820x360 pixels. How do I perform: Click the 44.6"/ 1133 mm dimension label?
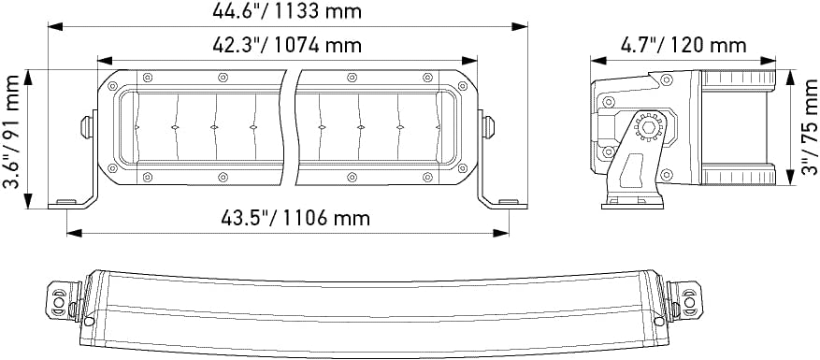pyautogui.click(x=287, y=11)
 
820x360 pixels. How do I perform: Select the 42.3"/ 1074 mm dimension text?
pyautogui.click(x=287, y=45)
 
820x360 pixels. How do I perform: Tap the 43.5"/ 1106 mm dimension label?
pyautogui.click(x=295, y=218)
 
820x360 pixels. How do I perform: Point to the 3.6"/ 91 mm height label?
pyautogui.click(x=11, y=131)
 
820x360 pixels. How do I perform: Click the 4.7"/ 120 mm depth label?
pyautogui.click(x=683, y=46)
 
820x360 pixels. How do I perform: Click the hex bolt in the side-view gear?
pyautogui.click(x=648, y=126)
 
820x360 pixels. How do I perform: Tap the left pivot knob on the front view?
pyautogui.click(x=86, y=127)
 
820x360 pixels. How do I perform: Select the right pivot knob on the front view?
pyautogui.click(x=488, y=127)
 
